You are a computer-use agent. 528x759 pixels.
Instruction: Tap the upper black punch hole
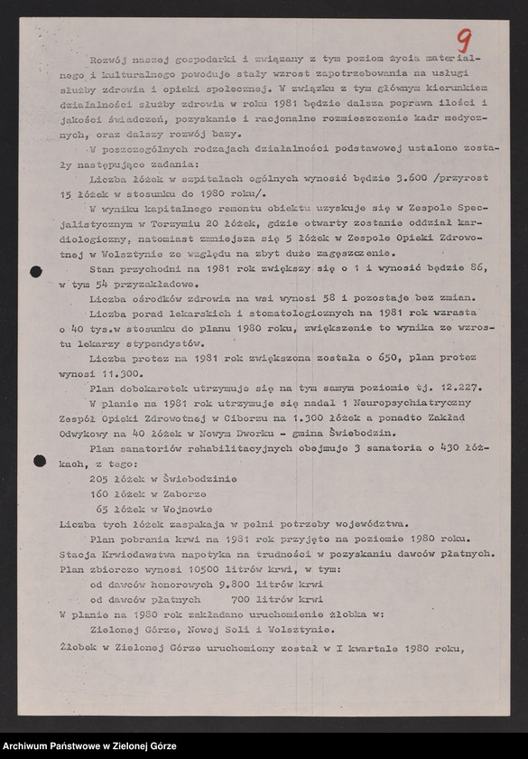36,271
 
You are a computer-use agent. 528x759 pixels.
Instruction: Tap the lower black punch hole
39,460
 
